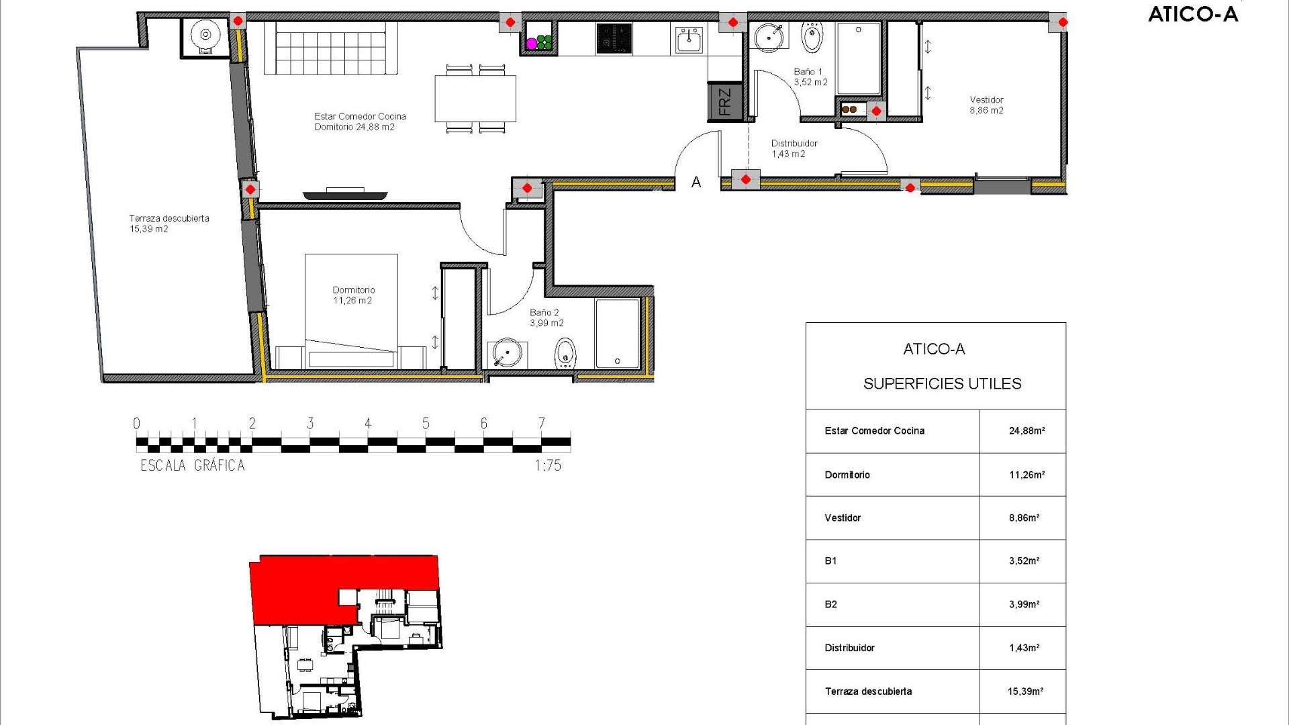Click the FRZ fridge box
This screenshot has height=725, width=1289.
pos(725,102)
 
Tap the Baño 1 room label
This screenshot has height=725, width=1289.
pos(810,77)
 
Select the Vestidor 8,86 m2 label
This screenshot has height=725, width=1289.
pos(986,105)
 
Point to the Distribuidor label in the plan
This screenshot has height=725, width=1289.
pos(794,148)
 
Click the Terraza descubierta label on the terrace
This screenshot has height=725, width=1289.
pos(169,223)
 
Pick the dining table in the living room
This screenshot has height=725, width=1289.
pos(475,98)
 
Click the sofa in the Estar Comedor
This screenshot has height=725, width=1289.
pos(330,48)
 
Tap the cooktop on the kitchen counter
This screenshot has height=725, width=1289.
pos(614,38)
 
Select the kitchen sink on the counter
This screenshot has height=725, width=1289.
pos(689,40)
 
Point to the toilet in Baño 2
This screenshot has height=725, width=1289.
pos(566,352)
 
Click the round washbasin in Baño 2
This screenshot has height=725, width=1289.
pos(506,353)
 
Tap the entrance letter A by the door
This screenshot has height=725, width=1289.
pos(696,182)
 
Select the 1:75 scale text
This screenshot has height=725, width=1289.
pos(548,465)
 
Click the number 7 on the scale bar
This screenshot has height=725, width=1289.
pos(541,423)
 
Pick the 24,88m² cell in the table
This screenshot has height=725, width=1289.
pos(1027,431)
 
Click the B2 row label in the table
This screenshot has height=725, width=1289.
pos(831,604)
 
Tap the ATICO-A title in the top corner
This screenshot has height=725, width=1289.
pos(1192,14)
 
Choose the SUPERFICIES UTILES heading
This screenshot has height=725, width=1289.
pos(942,383)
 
